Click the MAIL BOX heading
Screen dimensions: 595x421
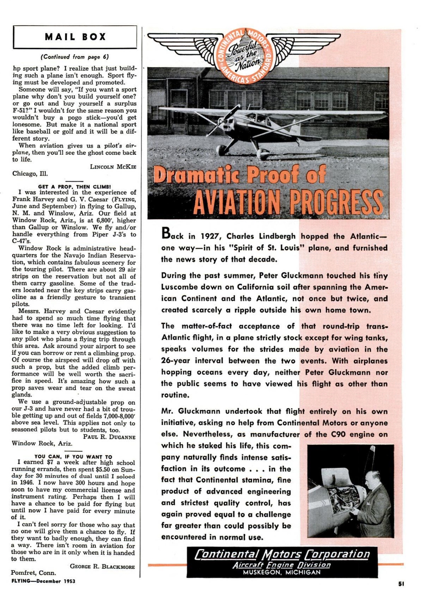pyautogui.click(x=75, y=37)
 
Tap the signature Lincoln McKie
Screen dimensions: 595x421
pyautogui.click(x=113, y=167)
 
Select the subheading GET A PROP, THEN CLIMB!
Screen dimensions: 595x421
pyautogui.click(x=74, y=186)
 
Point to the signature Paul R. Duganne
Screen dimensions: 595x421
pyautogui.click(x=109, y=437)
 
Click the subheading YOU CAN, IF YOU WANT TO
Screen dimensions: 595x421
pyautogui.click(x=73, y=457)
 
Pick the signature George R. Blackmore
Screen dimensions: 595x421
pyautogui.click(x=102, y=566)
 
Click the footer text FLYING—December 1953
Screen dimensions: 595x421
pyautogui.click(x=43, y=581)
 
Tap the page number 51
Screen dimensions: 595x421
pyautogui.click(x=401, y=583)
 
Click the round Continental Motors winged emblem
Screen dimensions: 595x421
pyautogui.click(x=246, y=56)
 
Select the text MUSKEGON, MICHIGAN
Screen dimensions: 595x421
pyautogui.click(x=282, y=572)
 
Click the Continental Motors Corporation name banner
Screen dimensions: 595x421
pyautogui.click(x=282, y=554)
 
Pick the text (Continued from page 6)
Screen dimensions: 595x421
pyautogui.click(x=75, y=57)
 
